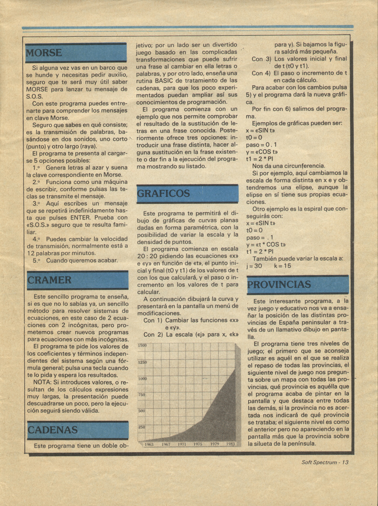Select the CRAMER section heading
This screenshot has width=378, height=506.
click(49, 280)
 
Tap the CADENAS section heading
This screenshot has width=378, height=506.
click(53, 430)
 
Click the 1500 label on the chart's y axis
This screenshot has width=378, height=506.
click(142, 345)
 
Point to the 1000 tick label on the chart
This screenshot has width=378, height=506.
click(142, 378)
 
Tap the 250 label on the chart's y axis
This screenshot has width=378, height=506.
click(142, 427)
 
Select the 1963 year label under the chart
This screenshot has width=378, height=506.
click(149, 444)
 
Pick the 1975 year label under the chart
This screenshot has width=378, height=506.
click(198, 444)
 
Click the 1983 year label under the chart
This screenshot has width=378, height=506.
click(230, 444)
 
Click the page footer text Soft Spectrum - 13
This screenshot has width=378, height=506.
click(325, 463)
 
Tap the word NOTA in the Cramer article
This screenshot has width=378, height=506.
click(41, 383)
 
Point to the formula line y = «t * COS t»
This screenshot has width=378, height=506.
click(266, 245)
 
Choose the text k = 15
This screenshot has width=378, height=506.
click(282, 266)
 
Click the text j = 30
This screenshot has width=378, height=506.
click(254, 266)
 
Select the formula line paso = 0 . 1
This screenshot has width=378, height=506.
click(261, 145)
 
